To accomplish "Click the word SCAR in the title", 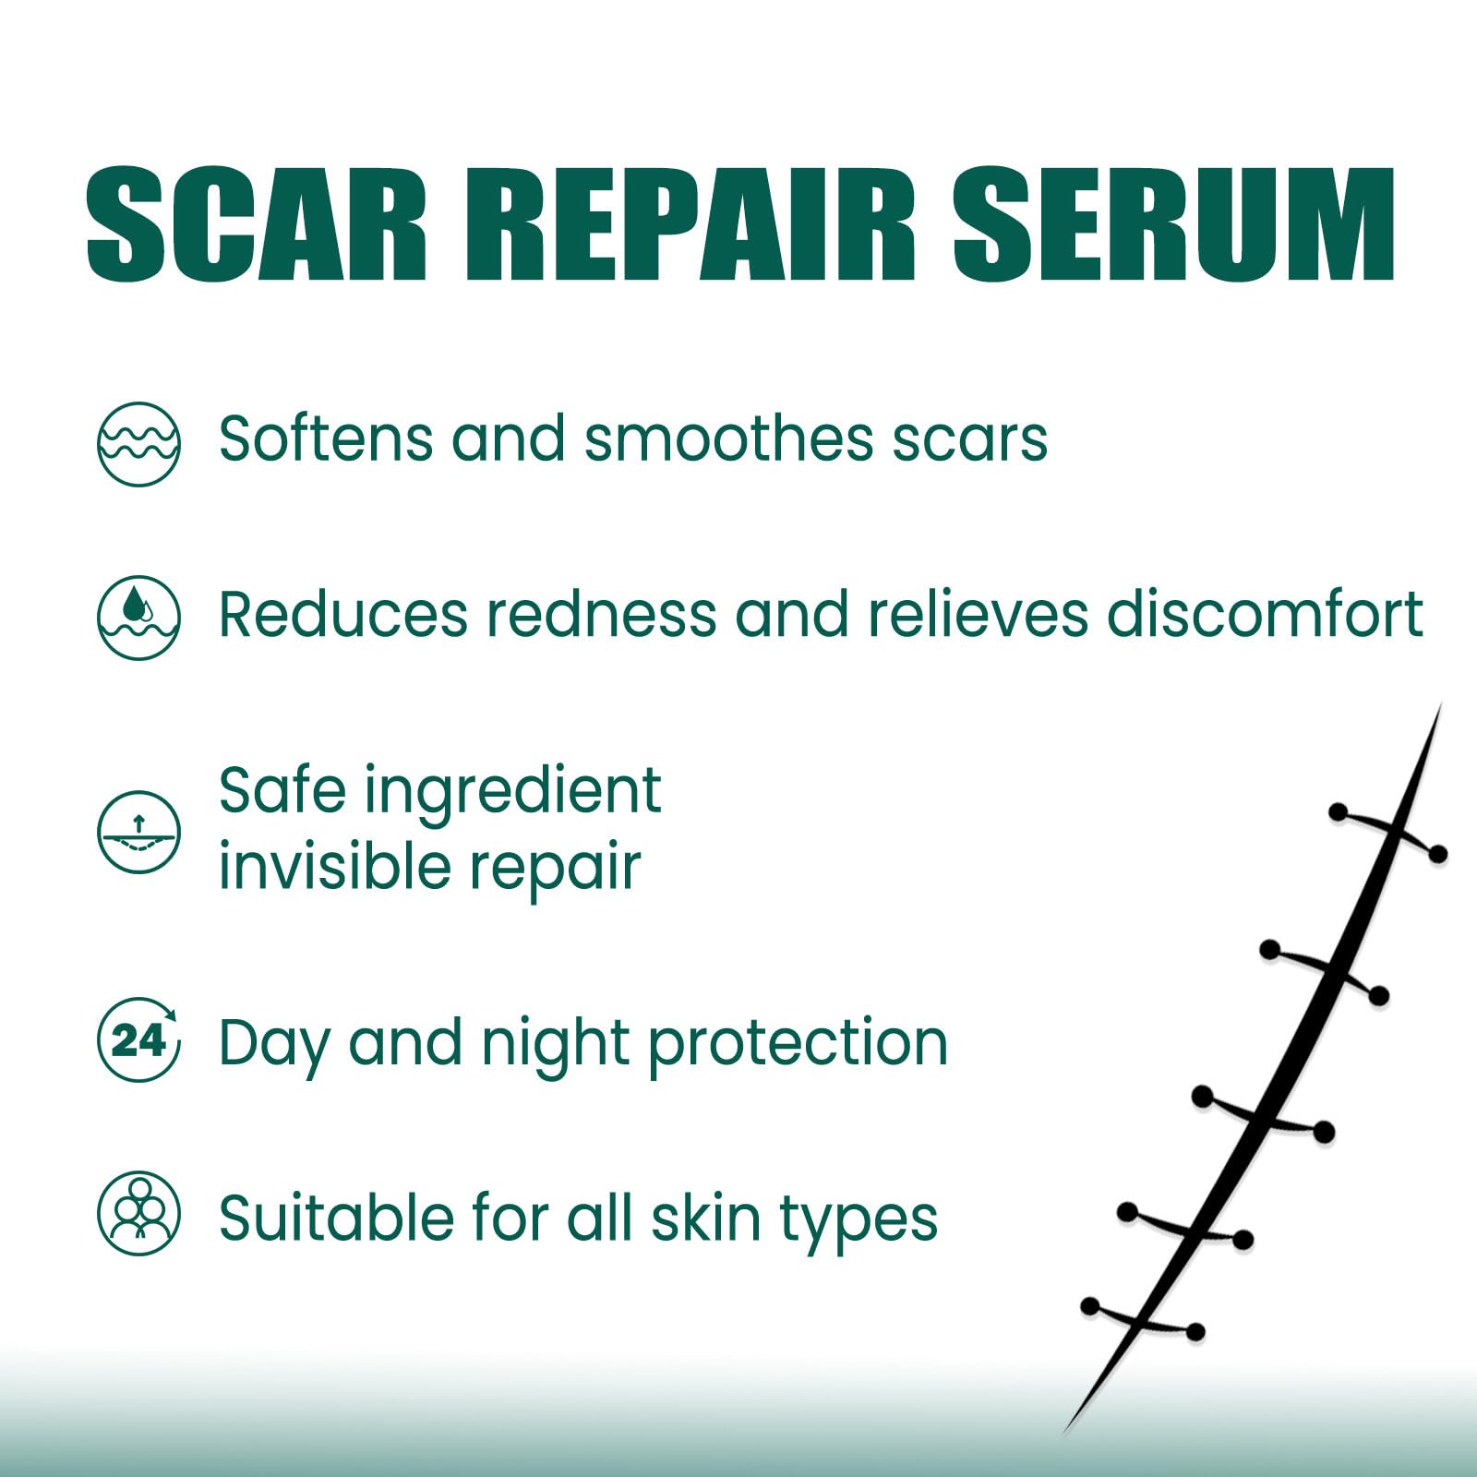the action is [x=257, y=224].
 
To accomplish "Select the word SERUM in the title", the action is [x=1173, y=224].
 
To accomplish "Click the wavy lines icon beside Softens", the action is [x=138, y=444].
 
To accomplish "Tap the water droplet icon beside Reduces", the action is [x=138, y=618].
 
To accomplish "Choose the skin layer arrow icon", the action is [x=138, y=832].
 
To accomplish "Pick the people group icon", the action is [x=138, y=1214].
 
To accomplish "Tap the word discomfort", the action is [x=1265, y=613].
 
